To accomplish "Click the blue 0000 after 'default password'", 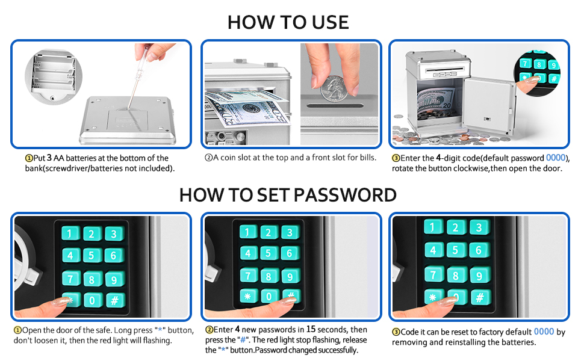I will [x=557, y=158].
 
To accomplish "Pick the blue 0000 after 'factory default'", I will [x=544, y=332].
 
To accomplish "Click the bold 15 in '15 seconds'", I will [x=311, y=330].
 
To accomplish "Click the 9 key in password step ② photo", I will [x=291, y=276].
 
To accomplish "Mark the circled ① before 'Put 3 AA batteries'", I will [x=28, y=158].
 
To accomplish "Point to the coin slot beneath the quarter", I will [x=337, y=107].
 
